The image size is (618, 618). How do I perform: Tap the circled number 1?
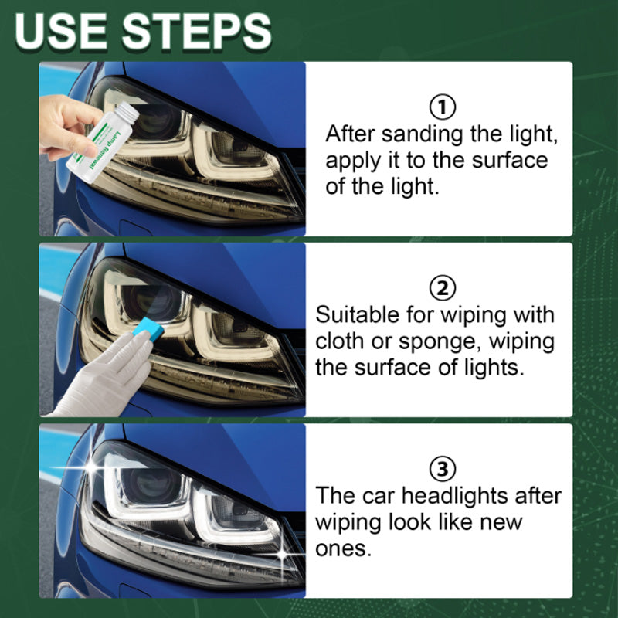pyautogui.click(x=442, y=107)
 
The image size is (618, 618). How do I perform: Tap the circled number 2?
pyautogui.click(x=442, y=289)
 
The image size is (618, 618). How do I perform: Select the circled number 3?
pyautogui.click(x=442, y=469)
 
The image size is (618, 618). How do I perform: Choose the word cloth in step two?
pyautogui.click(x=341, y=341)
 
